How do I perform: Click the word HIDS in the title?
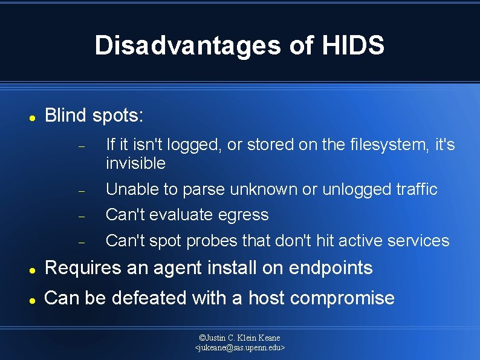coord(354,46)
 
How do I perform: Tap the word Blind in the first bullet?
coord(66,116)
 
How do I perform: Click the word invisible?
coord(135,163)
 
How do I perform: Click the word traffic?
coord(414,189)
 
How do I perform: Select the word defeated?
coord(149,298)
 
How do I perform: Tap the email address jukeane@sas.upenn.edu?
coord(240,348)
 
